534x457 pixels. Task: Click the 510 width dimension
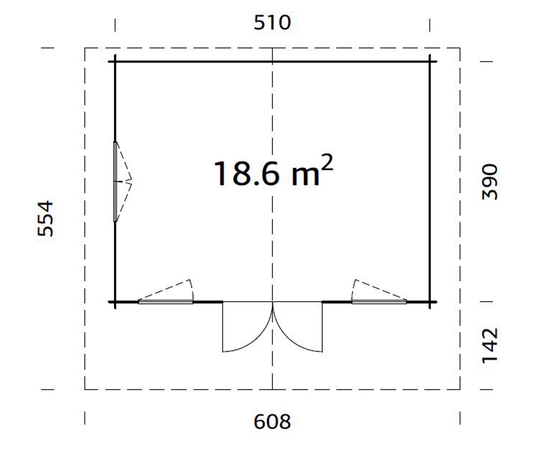click(272, 23)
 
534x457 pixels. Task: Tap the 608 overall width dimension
click(272, 421)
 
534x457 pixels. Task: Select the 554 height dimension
click(45, 219)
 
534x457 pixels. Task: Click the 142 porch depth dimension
click(489, 346)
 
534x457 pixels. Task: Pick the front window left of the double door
click(165, 302)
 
